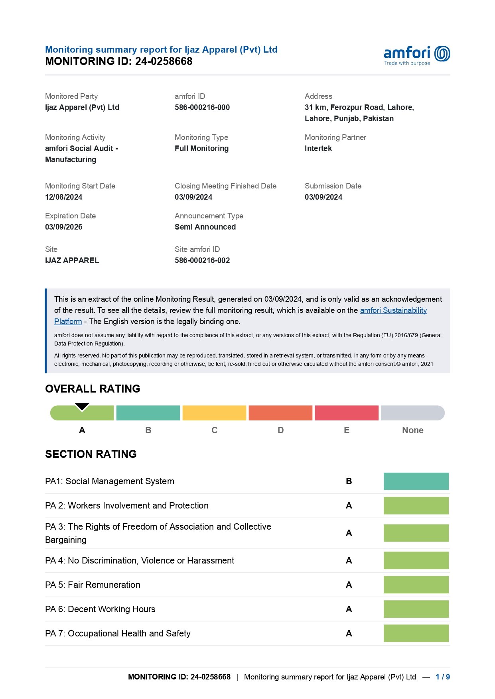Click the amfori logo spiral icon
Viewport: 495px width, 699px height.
coord(442,54)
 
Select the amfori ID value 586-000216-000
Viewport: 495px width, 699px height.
coord(202,107)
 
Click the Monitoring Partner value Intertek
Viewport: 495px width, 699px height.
coord(318,148)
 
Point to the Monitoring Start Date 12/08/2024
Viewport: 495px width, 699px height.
coord(63,197)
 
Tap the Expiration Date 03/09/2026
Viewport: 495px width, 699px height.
coord(63,227)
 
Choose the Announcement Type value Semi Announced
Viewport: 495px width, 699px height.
coord(205,227)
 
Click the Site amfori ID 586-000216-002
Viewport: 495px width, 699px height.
coord(202,260)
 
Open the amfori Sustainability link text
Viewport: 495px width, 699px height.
coord(393,310)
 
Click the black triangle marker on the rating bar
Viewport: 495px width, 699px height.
coord(82,406)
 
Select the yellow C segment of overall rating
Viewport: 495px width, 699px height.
coord(214,413)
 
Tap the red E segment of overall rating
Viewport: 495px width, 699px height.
coord(346,413)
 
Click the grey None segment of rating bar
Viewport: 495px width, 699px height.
coord(412,413)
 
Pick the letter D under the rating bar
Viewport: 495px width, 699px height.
coord(280,430)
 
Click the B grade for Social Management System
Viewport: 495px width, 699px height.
coord(349,481)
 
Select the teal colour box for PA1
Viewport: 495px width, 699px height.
coord(416,481)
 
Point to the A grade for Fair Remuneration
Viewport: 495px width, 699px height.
coord(349,585)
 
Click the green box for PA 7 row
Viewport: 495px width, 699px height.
coord(416,633)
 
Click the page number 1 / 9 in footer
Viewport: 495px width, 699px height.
coord(442,677)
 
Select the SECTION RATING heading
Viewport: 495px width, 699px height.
coord(91,454)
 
